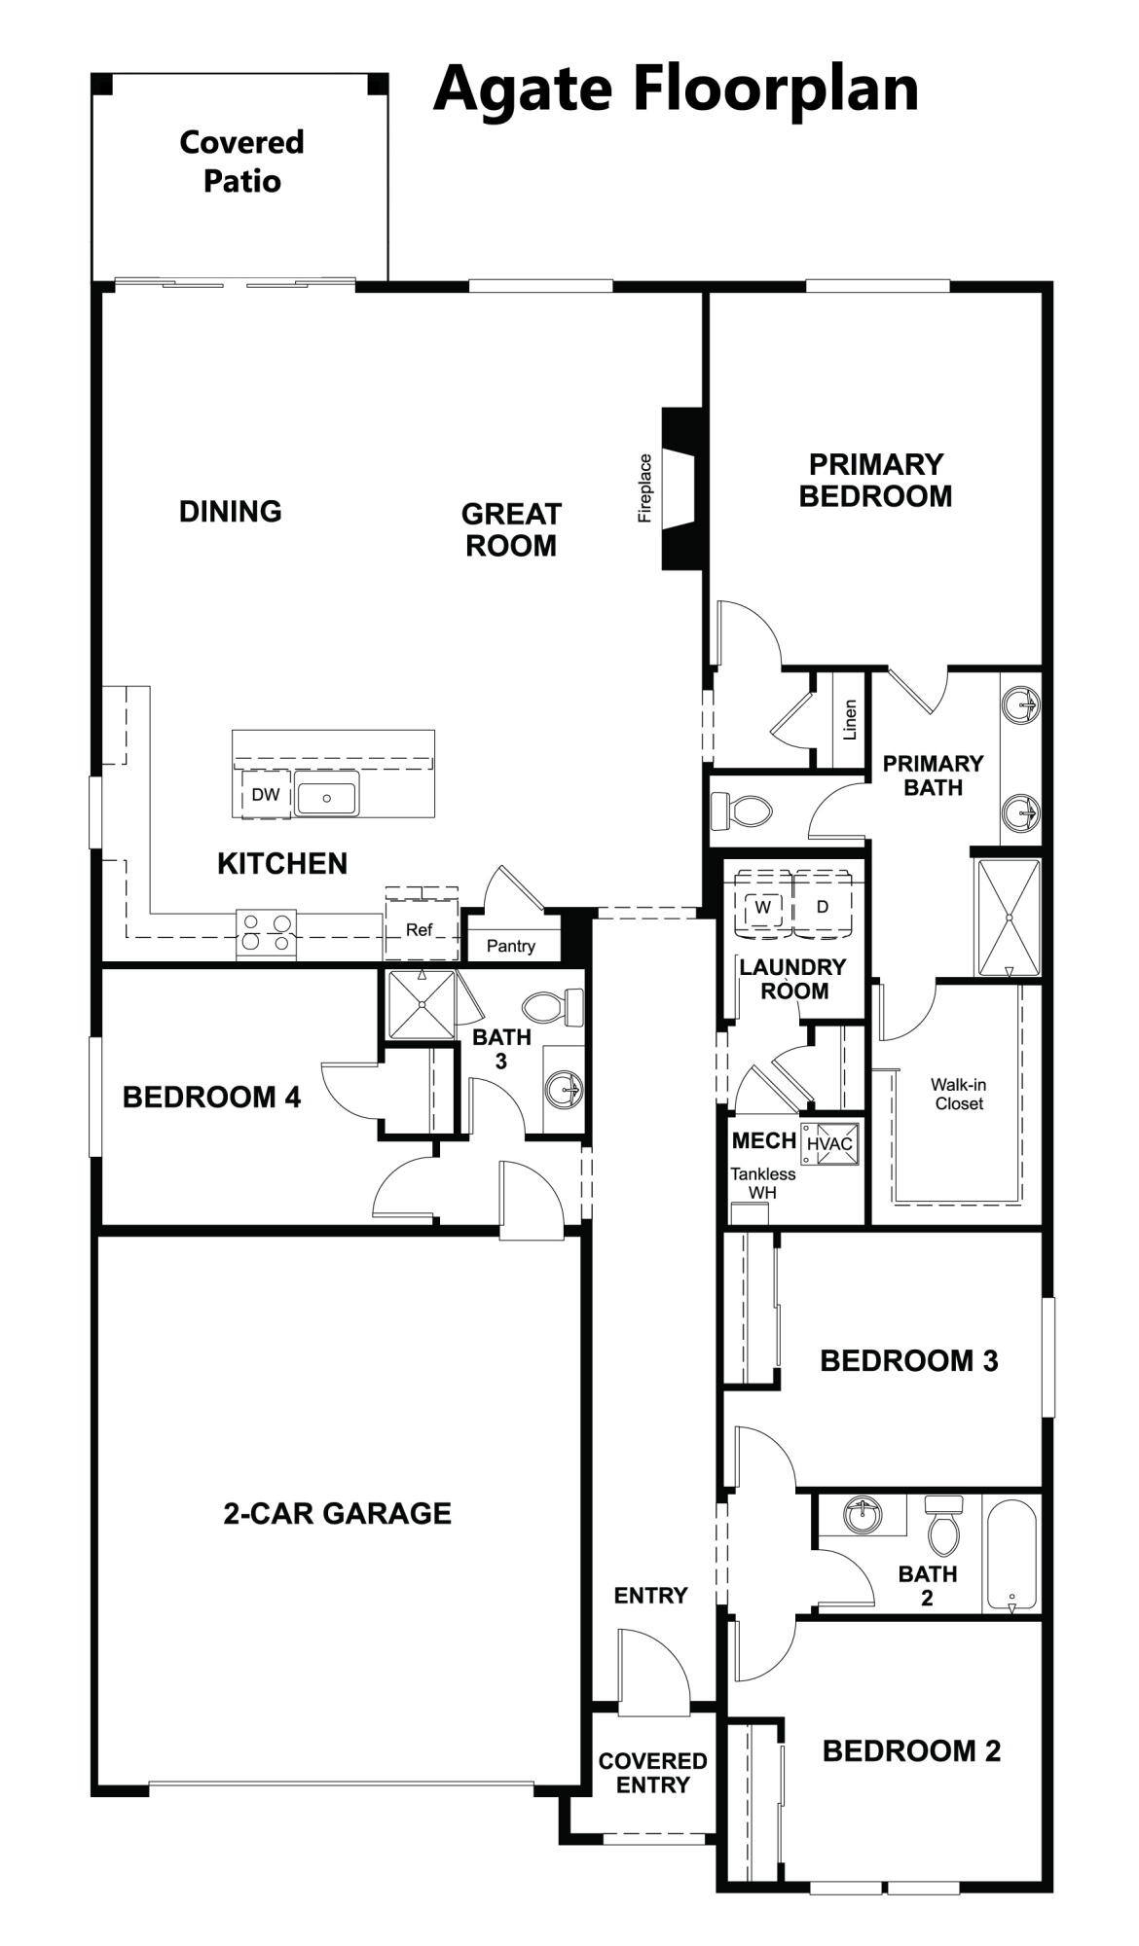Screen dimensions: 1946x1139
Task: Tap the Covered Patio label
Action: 241,162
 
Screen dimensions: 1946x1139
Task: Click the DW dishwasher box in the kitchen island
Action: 265,795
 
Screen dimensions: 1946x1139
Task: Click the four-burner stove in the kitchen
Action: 266,931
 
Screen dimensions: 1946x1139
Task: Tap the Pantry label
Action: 511,946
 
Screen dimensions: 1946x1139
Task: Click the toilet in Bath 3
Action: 553,1006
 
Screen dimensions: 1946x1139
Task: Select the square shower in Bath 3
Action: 422,1004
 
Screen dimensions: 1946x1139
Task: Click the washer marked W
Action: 764,907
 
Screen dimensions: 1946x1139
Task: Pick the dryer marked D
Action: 823,907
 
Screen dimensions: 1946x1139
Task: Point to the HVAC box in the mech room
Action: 829,1143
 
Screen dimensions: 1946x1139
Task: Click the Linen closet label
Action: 850,720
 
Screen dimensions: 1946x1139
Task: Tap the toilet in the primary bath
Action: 742,810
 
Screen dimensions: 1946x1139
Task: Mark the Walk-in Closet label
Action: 959,1094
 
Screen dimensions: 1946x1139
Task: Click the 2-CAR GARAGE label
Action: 337,1513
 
